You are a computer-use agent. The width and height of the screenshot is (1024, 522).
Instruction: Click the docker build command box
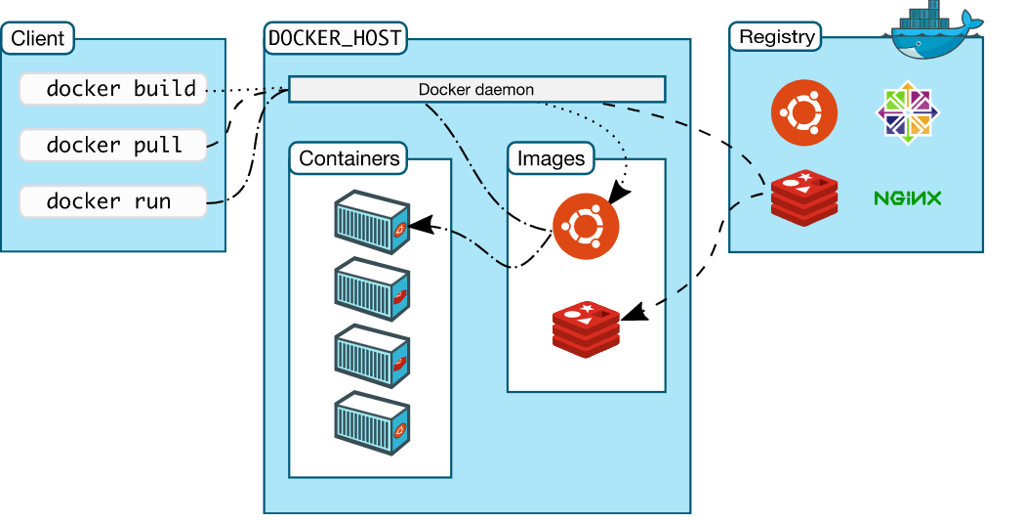pos(113,89)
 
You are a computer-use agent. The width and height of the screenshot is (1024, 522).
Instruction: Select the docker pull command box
pos(113,146)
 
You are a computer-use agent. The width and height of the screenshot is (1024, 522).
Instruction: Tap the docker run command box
pos(113,202)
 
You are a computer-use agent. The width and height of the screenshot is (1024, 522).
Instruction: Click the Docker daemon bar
pos(476,90)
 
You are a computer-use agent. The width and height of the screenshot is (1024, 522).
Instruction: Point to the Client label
pos(38,39)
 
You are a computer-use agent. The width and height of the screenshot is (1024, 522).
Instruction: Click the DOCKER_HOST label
pos(336,39)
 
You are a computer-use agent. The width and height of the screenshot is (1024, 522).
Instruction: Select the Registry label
pos(776,37)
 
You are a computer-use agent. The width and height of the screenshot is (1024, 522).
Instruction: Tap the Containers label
pos(348,158)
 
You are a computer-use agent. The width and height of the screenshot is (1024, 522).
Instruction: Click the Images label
pos(551,158)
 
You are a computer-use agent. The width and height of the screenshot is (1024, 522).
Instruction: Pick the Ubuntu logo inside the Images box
pos(586,226)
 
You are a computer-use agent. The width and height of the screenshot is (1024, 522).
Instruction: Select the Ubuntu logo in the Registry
pos(804,112)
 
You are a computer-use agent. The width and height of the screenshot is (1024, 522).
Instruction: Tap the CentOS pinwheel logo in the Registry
pos(908,112)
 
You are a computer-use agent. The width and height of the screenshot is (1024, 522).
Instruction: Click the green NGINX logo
pos(907,198)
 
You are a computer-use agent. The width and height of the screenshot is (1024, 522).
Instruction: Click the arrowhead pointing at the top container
pos(420,226)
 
